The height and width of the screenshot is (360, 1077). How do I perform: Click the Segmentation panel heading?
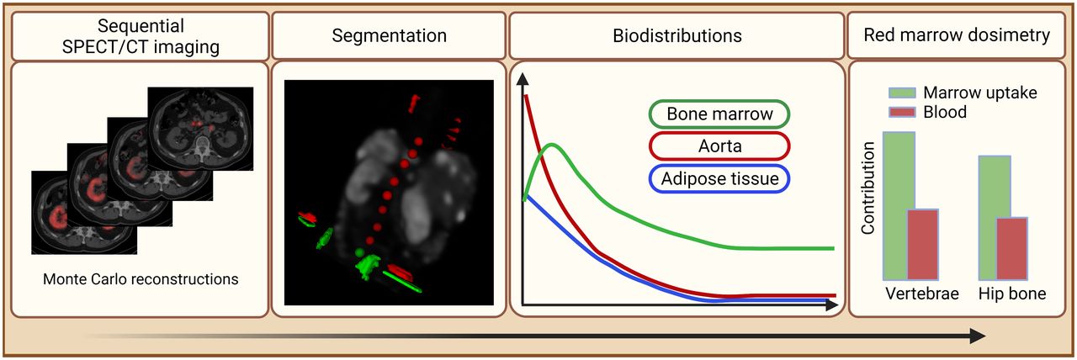click(x=389, y=35)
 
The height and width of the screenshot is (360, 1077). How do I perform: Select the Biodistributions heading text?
click(x=677, y=35)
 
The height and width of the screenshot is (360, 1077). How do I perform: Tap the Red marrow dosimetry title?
click(x=957, y=35)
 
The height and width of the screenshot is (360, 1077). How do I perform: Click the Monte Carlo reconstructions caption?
click(x=141, y=279)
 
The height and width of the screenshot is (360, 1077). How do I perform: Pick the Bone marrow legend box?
click(x=719, y=114)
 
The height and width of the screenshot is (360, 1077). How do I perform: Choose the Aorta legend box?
click(x=719, y=146)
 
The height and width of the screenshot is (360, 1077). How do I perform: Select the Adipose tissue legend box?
click(x=719, y=179)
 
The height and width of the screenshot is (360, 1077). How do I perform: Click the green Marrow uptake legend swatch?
click(x=902, y=93)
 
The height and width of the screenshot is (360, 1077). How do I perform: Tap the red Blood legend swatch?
click(x=902, y=113)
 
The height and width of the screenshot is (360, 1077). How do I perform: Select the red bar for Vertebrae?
click(x=923, y=245)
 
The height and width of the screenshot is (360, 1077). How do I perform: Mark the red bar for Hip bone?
click(x=1012, y=249)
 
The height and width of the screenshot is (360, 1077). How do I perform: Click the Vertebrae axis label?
click(x=922, y=294)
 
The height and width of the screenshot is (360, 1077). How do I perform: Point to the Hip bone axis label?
click(x=1012, y=294)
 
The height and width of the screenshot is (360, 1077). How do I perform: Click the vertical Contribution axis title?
click(x=867, y=188)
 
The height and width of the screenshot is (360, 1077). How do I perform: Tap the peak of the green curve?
click(x=553, y=144)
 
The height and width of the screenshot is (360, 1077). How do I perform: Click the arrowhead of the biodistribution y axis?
click(x=523, y=79)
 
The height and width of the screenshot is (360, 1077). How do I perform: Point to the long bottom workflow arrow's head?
click(x=978, y=336)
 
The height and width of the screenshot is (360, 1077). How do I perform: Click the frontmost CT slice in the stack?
click(x=84, y=213)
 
